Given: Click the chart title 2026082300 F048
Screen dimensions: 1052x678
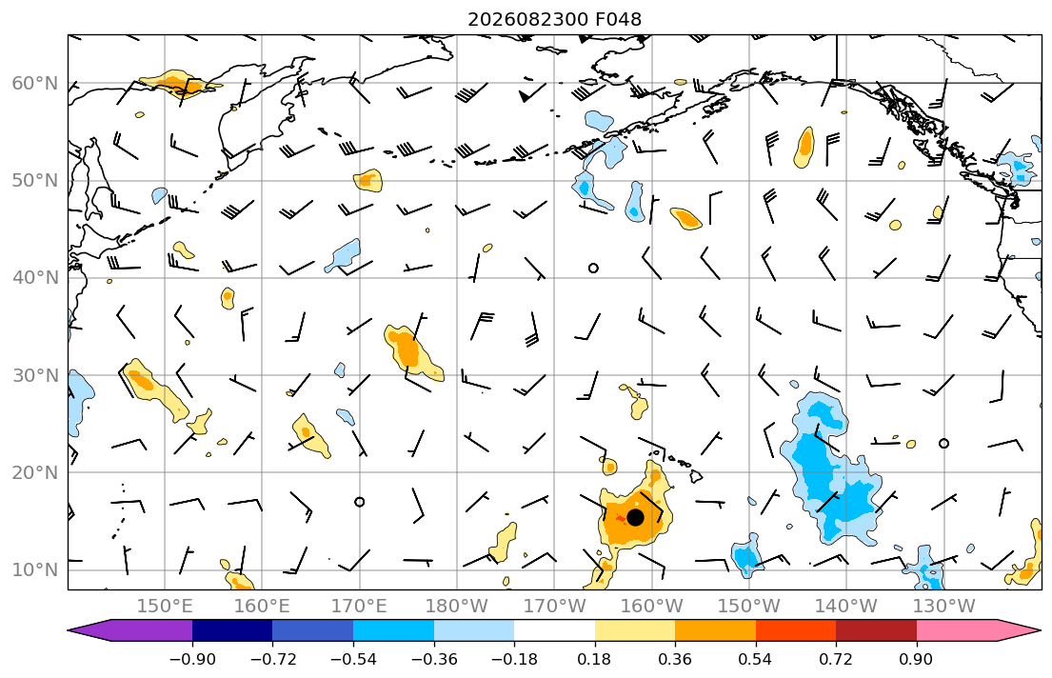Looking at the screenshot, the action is pos(554,19).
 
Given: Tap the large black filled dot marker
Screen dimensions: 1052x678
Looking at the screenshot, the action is pos(635,518).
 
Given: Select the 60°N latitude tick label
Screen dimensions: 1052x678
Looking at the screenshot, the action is pos(35,83).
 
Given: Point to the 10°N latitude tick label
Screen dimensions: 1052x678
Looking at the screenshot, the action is pos(35,570).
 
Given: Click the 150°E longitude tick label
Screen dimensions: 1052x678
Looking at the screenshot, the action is pos(165,607).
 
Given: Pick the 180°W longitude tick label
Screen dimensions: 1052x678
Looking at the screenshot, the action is pos(457,607).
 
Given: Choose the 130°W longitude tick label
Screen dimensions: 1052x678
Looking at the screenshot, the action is pos(944,607).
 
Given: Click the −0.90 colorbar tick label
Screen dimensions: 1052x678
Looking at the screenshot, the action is pos(192,659).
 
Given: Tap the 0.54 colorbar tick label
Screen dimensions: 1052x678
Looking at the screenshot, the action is pos(756,659).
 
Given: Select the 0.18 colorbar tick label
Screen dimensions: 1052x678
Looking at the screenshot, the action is pos(594,659).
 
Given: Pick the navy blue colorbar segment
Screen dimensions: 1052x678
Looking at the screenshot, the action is pos(233,630).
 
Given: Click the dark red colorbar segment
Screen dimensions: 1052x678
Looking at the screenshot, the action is pos(876,630).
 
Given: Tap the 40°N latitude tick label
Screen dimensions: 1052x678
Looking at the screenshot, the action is pos(35,278).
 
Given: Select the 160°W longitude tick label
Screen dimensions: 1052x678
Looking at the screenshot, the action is pos(651,607).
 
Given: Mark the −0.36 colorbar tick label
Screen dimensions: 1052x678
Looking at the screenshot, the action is pos(434,659).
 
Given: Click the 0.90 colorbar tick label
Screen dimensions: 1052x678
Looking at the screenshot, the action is pos(917,659).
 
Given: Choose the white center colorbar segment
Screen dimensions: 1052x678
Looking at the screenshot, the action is pos(554,630).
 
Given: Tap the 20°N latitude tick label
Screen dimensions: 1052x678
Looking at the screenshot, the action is pos(35,472).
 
